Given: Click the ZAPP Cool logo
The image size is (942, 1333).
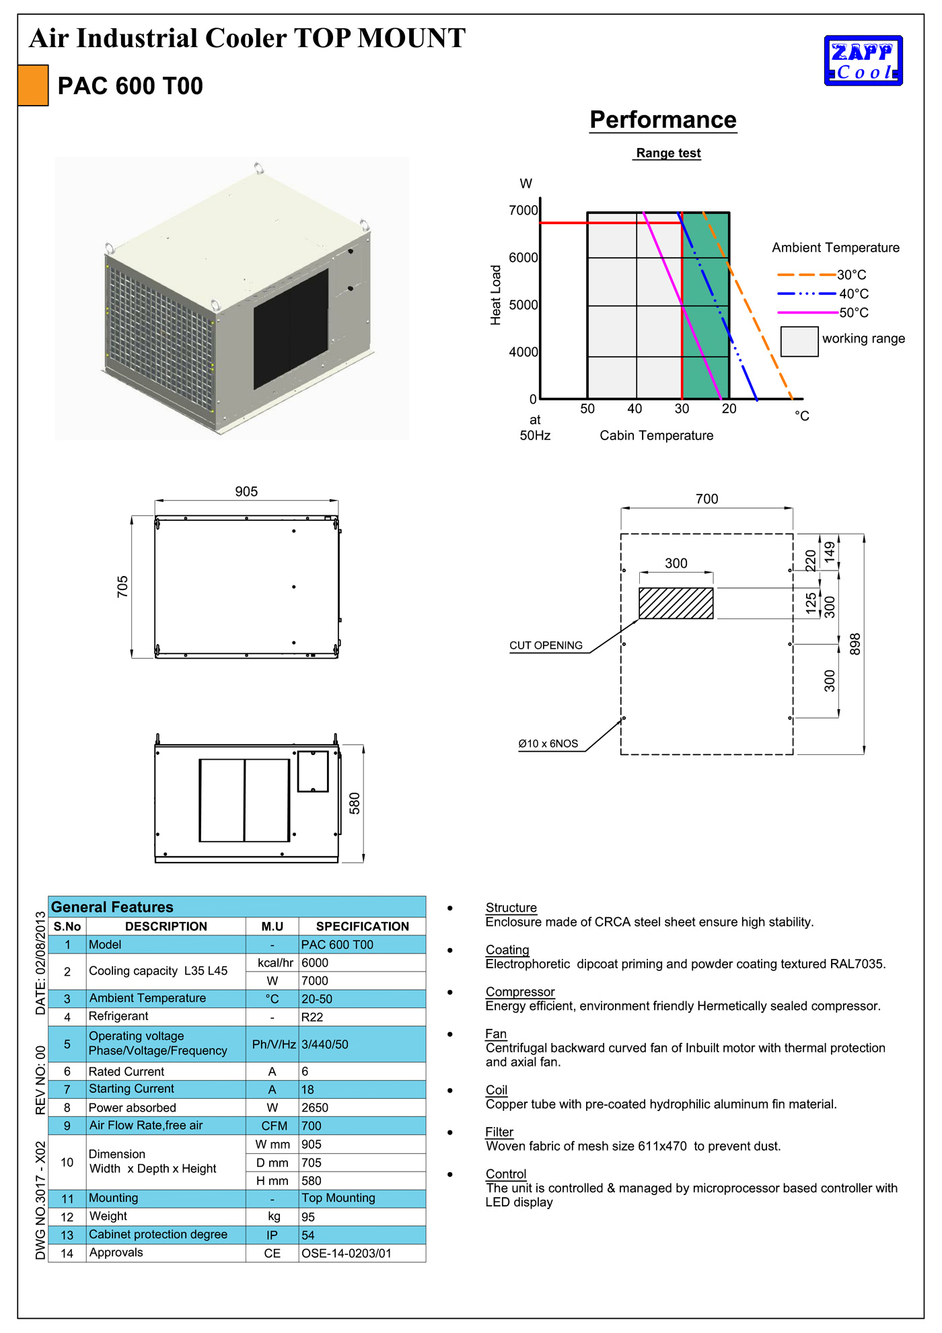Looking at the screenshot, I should tap(863, 61).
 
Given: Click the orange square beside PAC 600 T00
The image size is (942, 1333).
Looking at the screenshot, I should tap(33, 85).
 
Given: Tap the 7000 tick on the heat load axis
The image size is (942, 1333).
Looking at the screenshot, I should tap(523, 211).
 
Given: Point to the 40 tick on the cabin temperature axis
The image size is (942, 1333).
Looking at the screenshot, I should tap(635, 408).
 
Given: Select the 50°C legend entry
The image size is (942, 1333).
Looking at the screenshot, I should tap(854, 313).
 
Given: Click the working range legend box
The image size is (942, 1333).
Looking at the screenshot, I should tap(799, 341).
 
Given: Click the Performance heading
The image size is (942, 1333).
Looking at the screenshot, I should tap(663, 120).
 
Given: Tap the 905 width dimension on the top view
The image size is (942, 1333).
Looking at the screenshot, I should tap(246, 492).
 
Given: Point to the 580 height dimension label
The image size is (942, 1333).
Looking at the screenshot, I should tap(355, 803).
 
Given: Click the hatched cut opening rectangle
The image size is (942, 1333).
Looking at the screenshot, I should tap(676, 603).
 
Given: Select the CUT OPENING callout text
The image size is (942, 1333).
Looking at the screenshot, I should tap(546, 645).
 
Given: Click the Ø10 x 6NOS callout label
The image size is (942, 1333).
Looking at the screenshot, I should tap(548, 744).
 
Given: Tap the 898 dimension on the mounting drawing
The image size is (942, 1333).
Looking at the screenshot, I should tap(855, 644).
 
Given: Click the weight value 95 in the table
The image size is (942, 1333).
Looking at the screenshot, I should tap(308, 1217).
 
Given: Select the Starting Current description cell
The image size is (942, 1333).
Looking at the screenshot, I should tap(132, 1089).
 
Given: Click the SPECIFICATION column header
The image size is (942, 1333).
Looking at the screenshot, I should tap(362, 927).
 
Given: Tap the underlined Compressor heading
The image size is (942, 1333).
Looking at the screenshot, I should tap(520, 992).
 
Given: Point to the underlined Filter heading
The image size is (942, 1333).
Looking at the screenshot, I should tap(499, 1132).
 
